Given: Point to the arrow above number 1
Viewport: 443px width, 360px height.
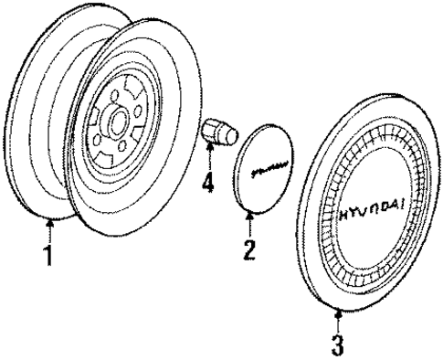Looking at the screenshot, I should [x=49, y=226].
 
